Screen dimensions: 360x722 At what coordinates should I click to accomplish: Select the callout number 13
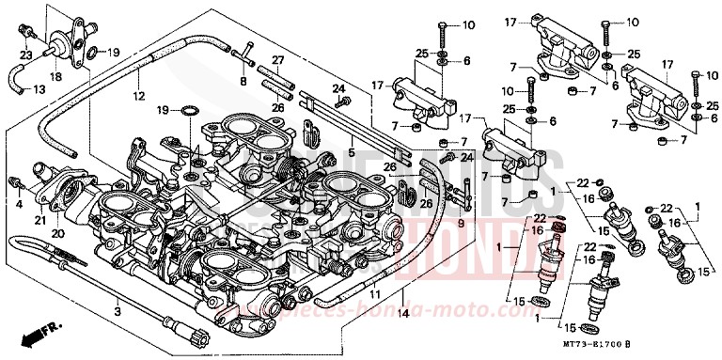click(x=39, y=89)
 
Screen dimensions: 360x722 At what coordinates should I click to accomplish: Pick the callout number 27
click(x=278, y=60)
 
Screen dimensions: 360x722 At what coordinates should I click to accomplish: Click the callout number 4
click(x=18, y=202)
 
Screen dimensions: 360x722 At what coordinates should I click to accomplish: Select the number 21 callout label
click(x=40, y=221)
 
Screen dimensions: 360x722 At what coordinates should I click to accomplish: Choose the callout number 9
click(x=460, y=223)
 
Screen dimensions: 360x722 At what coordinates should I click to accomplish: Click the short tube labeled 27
click(x=276, y=82)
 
